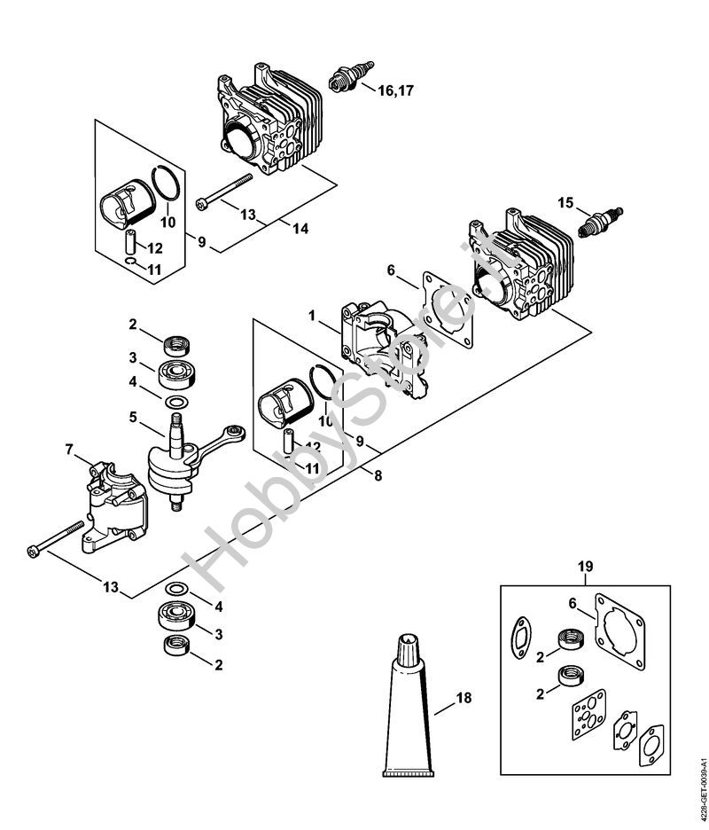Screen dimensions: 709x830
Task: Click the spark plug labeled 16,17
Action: [351, 77]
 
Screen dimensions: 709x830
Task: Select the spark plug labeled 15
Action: [601, 223]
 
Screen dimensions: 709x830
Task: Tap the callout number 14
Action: [300, 229]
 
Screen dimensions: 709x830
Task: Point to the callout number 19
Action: [586, 567]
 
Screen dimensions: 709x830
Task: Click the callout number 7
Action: [69, 450]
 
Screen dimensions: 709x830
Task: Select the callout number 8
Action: [378, 476]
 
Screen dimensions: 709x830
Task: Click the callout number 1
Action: [312, 316]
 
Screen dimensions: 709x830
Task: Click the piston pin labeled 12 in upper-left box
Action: [130, 242]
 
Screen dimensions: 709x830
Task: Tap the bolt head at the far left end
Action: [33, 552]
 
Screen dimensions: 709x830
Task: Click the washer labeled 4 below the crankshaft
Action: [176, 589]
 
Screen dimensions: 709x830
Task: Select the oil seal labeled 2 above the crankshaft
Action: [176, 346]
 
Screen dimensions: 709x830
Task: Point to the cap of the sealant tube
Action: [408, 648]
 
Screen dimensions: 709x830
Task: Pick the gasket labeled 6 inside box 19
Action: [620, 630]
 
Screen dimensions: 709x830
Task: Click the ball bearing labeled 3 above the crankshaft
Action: [176, 373]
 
